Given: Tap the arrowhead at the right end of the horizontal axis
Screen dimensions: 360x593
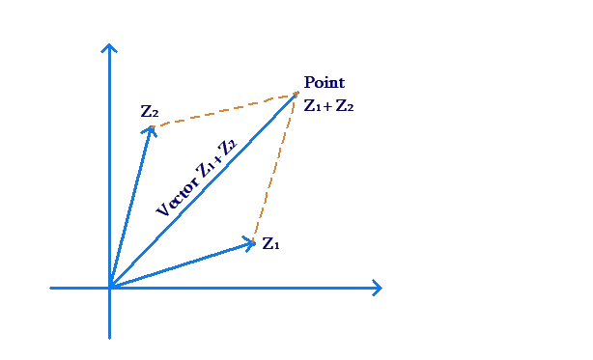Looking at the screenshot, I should coord(379,288).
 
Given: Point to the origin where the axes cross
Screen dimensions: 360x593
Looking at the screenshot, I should coord(109,288).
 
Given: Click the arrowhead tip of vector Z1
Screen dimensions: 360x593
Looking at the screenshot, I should coord(252,241).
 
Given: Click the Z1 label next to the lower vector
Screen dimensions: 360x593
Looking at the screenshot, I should coord(271,243).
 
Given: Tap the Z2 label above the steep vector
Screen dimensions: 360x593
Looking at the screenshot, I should coord(149,111).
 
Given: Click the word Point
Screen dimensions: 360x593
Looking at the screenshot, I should coord(325,83).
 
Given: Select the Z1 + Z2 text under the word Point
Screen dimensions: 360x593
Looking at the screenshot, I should coord(329,105).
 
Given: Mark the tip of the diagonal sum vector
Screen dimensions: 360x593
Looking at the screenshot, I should coord(296,95).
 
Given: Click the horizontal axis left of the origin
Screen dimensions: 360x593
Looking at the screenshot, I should coord(77,288).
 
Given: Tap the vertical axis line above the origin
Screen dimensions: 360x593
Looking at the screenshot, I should coord(109,174).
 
